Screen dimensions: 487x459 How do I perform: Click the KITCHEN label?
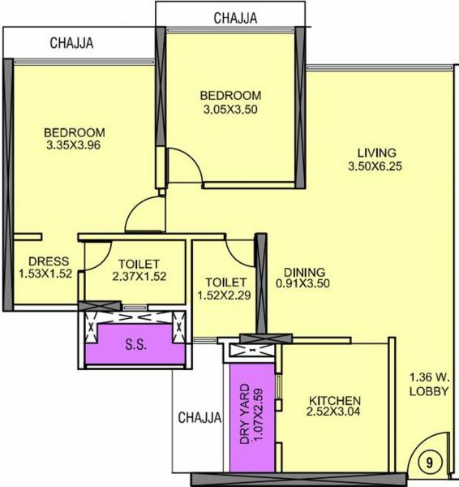pos(334,402)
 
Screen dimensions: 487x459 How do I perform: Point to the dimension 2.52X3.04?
pos(334,415)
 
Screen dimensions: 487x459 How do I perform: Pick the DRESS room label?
pos(48,261)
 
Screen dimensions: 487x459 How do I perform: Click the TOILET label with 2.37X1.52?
pos(139,264)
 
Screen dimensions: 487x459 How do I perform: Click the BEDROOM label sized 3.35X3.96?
pos(75,133)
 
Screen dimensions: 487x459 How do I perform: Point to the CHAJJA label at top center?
pos(235,17)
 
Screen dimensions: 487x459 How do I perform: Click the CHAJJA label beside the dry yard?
pos(199,418)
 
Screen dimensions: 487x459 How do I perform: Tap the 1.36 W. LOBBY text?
pos(429,383)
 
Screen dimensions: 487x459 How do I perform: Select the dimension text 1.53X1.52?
pos(46,274)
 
